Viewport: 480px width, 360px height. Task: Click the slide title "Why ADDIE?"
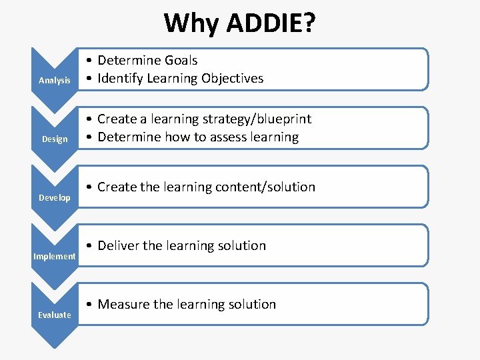(x=240, y=23)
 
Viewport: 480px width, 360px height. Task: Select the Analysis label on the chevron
(x=55, y=81)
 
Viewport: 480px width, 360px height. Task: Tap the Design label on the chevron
(x=55, y=139)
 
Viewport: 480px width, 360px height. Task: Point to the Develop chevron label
(x=55, y=198)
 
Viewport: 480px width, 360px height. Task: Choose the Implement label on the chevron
(x=55, y=257)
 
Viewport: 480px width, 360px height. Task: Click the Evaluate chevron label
(x=55, y=315)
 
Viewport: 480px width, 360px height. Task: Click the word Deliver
(x=118, y=246)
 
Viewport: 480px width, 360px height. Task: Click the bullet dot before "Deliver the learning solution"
(x=90, y=247)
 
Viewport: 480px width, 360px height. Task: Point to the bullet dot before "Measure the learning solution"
(x=90, y=305)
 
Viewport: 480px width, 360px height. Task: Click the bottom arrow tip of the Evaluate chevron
(x=55, y=347)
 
